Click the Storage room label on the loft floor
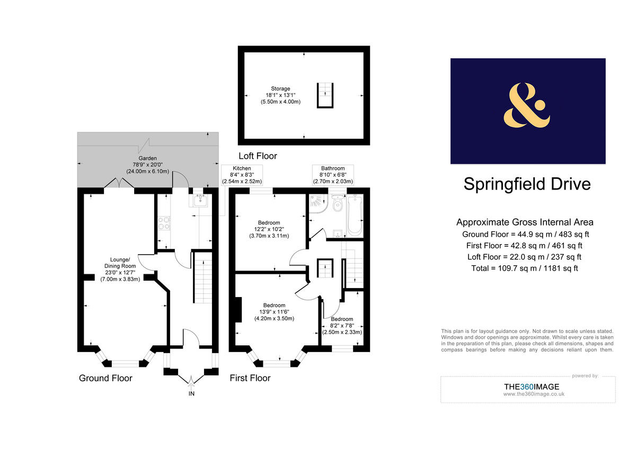[x=280, y=95]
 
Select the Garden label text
[x=147, y=165]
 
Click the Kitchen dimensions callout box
[x=242, y=175]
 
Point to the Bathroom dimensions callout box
[x=332, y=175]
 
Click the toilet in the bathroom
[x=337, y=204]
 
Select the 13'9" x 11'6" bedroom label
[x=274, y=312]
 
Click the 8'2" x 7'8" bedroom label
[x=342, y=326]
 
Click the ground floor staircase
[x=202, y=277]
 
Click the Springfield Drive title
[x=527, y=184]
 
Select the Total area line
[x=525, y=268]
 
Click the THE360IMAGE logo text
[x=531, y=387]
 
